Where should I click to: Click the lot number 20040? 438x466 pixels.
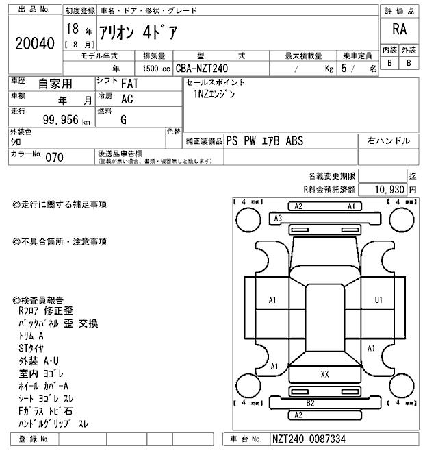pos(34,44)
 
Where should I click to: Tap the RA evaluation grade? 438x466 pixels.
pos(399,29)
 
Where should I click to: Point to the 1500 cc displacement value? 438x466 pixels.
pos(153,69)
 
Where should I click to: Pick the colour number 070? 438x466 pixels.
pos(54,157)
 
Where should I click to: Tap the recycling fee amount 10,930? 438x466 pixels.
pos(389,188)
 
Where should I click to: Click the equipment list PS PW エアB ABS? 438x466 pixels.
pos(264,141)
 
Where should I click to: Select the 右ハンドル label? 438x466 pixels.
pos(389,141)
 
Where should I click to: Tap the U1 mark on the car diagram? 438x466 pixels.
pos(378,300)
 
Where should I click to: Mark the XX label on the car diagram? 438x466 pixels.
pos(324,374)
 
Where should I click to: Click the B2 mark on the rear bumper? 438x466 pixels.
pos(310,403)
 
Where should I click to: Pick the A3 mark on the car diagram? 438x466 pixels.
pos(278,218)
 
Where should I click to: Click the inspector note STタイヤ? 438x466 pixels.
pos(31,348)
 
